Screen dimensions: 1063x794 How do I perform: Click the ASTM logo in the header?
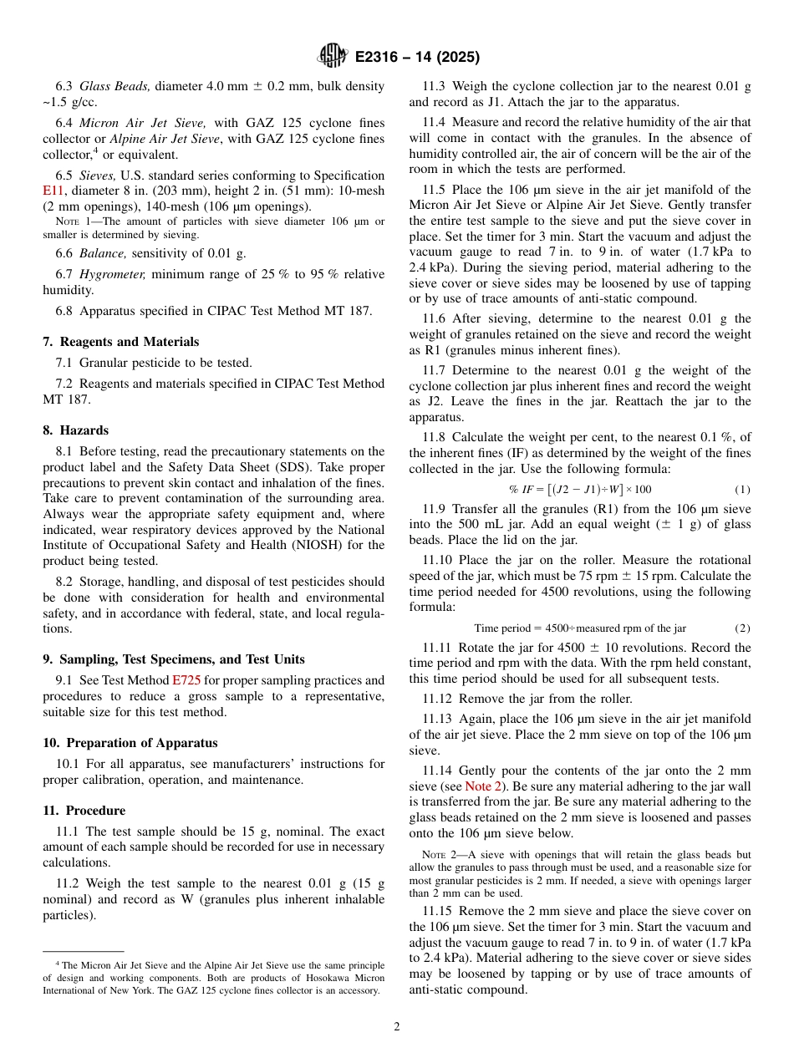332,57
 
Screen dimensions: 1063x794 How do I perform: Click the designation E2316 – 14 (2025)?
417,58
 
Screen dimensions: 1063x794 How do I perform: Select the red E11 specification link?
53,191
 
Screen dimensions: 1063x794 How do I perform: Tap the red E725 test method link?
186,680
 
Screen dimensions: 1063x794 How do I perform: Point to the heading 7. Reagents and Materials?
121,342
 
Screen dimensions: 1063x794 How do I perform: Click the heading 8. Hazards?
76,430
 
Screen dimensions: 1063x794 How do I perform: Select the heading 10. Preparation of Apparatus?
130,743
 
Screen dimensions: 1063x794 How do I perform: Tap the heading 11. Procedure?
84,811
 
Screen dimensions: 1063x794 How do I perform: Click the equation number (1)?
742,489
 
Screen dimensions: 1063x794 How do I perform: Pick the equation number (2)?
742,628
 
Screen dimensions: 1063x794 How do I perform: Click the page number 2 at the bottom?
397,1027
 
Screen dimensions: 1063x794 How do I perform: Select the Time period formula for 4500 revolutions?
580,628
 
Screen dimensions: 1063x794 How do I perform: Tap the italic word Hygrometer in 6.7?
117,274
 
